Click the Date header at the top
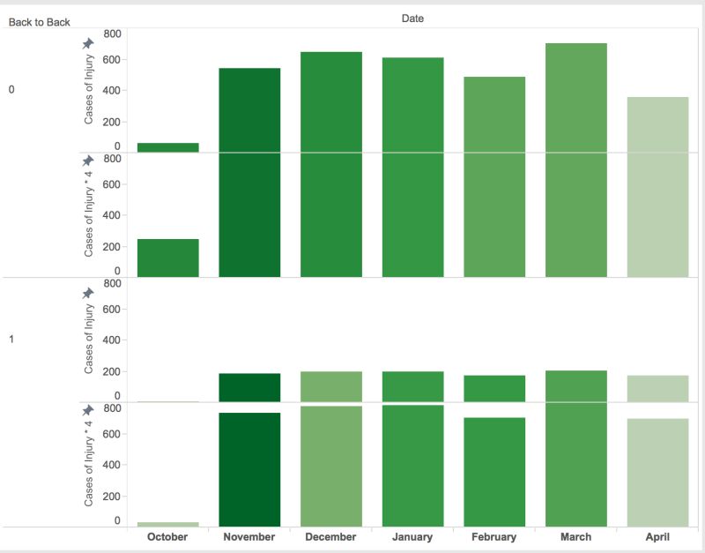412,18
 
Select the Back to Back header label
39,22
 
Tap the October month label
167,536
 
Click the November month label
249,536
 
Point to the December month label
330,536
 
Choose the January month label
412,536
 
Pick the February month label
493,536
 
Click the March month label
575,536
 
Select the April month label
657,536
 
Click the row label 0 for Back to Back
11,90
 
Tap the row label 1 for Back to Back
11,339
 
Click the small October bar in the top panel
167,147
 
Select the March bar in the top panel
576,97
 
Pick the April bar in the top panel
657,124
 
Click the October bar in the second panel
167,258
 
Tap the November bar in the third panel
249,387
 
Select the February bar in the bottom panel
494,472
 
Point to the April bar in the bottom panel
657,472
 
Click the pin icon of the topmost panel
88,43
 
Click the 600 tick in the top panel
112,60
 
